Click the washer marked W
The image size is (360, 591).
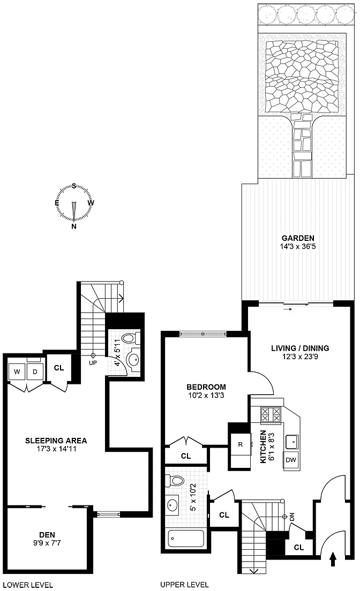17,372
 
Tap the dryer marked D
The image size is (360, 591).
35,372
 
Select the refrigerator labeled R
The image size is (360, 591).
241,444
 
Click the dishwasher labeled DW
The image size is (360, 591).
291,459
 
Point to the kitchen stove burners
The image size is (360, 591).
271,414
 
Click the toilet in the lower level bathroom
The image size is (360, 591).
131,338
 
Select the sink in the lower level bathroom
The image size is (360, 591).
133,359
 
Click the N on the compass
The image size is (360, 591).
74,226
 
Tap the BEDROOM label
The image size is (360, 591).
206,387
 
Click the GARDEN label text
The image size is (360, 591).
298,238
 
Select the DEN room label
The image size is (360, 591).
47,534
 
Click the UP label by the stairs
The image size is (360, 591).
93,363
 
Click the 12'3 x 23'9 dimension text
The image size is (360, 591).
299,356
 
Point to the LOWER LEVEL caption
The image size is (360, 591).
27,585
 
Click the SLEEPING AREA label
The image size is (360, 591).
56,440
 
